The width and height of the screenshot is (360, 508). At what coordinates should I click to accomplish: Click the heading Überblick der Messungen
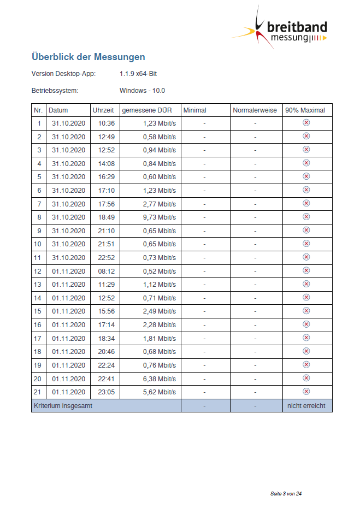point(88,57)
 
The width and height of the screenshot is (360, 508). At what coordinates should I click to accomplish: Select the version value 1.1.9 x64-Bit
point(139,74)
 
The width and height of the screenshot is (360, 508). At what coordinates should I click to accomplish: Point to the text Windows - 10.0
point(142,91)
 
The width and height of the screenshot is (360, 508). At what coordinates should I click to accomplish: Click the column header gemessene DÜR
point(147,110)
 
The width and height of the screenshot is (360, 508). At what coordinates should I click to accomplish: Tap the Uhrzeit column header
point(103,110)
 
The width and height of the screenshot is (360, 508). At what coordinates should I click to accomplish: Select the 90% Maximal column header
point(305,110)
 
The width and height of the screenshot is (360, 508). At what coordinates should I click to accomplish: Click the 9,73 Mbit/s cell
point(160,217)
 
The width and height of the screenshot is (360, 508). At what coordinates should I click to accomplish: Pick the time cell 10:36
point(107,123)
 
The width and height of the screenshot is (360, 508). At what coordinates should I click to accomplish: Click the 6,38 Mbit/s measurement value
point(160,379)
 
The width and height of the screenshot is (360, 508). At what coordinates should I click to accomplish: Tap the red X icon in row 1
point(306,123)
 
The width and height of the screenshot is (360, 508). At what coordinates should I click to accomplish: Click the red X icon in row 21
point(306,391)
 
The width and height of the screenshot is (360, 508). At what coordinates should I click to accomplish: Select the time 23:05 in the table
point(107,392)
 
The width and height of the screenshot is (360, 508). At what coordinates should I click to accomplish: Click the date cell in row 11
point(69,257)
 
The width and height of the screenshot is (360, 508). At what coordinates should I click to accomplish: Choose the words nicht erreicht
point(306,406)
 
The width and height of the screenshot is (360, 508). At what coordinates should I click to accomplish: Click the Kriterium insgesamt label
point(63,406)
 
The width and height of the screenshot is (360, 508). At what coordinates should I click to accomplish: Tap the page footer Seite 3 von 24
point(286,494)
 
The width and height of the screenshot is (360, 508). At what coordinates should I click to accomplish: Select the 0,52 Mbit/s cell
point(160,271)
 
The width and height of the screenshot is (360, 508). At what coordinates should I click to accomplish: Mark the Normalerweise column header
point(255,110)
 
